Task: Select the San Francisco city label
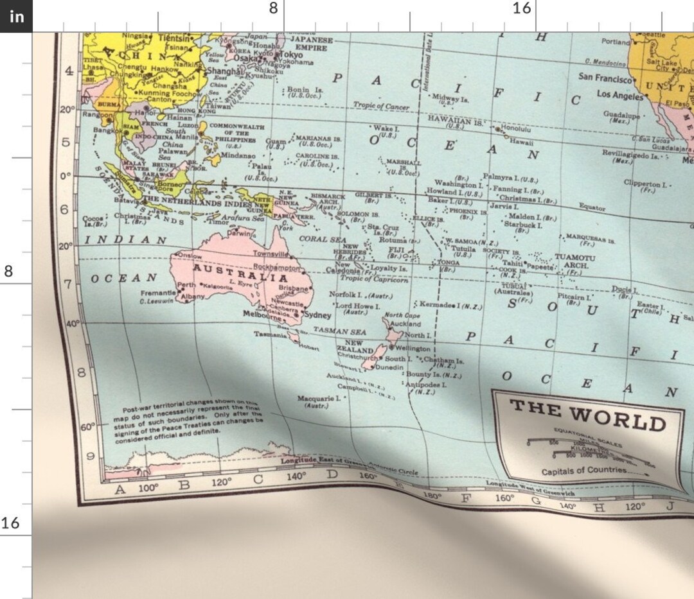[605, 78]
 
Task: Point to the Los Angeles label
[619, 96]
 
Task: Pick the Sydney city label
[317, 315]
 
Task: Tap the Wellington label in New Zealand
[413, 349]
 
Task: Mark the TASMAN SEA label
[339, 331]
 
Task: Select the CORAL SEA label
[322, 239]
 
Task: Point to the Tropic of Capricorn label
[373, 279]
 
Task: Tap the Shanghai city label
[225, 71]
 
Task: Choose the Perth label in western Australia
[186, 285]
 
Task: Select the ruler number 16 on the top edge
[522, 8]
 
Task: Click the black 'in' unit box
[16, 16]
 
